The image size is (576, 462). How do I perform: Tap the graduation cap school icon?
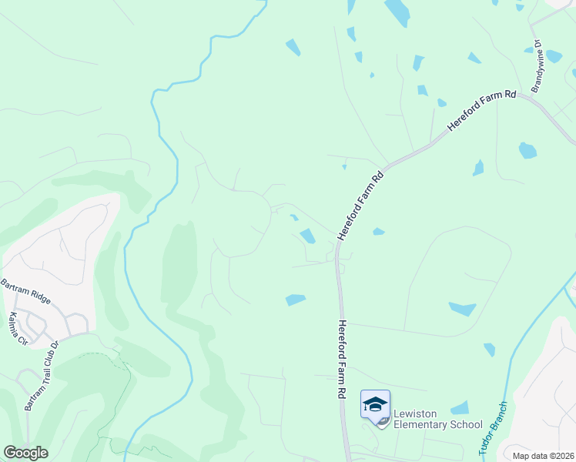click(375, 405)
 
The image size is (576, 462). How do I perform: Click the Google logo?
click(25, 453)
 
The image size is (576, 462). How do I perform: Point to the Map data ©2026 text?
click(542, 456)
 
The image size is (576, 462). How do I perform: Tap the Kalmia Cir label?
click(17, 328)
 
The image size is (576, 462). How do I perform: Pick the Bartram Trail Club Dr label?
click(42, 376)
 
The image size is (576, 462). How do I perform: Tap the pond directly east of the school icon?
click(460, 408)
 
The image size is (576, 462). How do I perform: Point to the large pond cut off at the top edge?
click(397, 12)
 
